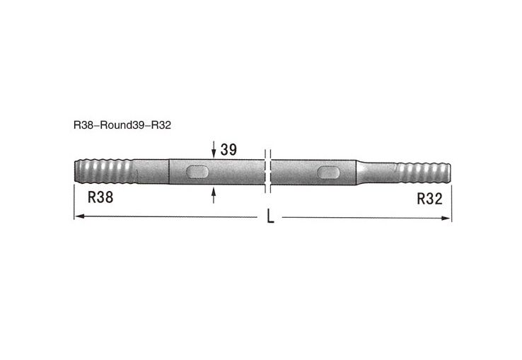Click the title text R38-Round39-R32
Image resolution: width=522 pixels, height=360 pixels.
(122, 125)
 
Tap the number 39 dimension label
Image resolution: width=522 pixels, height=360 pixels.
(228, 149)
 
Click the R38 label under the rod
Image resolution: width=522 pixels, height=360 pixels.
(100, 199)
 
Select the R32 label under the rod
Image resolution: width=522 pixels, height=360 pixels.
(429, 199)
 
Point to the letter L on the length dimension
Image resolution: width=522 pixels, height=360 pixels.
(270, 218)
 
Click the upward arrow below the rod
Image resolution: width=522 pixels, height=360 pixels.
(214, 194)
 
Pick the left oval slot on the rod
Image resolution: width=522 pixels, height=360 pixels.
(197, 172)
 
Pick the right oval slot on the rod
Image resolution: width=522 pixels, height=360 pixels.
(329, 172)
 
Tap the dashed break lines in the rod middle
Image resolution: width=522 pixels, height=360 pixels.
(267, 170)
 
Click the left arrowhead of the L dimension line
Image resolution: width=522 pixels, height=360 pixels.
(78, 217)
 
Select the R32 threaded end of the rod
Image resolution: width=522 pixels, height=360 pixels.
(422, 172)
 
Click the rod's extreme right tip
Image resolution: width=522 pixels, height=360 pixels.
(450, 172)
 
